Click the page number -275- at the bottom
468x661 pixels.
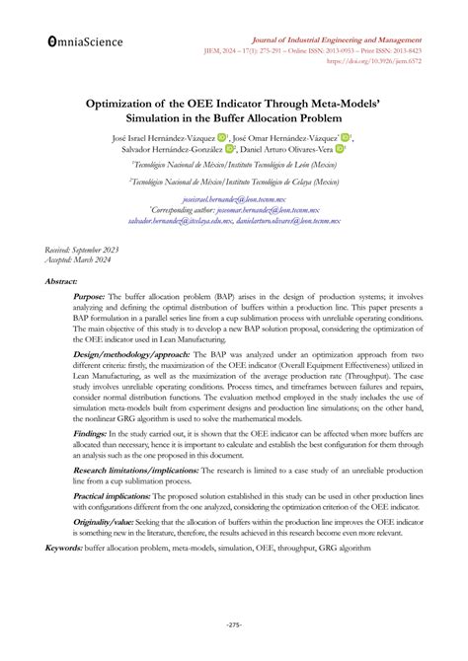234,624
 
